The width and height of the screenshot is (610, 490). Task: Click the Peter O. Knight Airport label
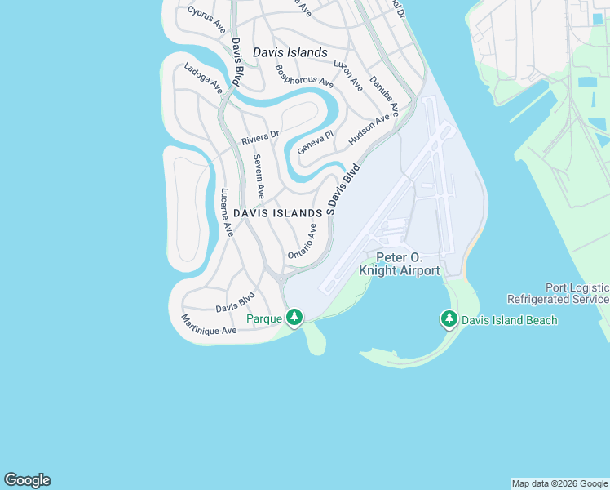400,264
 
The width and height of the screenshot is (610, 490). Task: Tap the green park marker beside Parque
294,317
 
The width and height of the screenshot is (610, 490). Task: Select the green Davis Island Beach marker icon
448,319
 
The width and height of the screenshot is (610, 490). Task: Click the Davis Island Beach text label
510,320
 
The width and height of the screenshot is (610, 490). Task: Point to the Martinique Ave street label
208,324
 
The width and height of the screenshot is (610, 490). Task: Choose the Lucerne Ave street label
227,212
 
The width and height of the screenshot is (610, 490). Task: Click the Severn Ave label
259,176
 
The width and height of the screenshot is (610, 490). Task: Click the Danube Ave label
383,95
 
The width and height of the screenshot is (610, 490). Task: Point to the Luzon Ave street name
347,74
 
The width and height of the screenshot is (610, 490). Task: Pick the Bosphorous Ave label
303,76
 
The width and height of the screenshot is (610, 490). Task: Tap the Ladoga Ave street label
203,78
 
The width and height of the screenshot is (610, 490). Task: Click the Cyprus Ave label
206,20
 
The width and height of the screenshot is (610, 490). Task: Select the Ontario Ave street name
301,242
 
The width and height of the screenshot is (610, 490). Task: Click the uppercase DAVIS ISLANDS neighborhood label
277,213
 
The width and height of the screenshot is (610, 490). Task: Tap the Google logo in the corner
27,480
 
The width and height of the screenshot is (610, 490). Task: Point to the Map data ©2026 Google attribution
559,483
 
